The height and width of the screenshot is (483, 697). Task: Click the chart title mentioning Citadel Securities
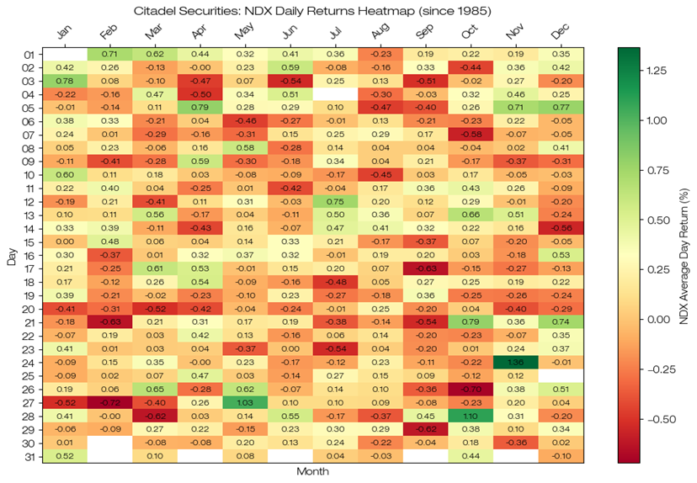click(312, 10)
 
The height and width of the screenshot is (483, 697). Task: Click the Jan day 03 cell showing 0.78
click(65, 81)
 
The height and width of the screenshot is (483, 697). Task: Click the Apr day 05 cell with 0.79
click(200, 108)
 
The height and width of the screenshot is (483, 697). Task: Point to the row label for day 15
click(28, 241)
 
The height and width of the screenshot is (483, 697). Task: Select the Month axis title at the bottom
click(311, 473)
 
